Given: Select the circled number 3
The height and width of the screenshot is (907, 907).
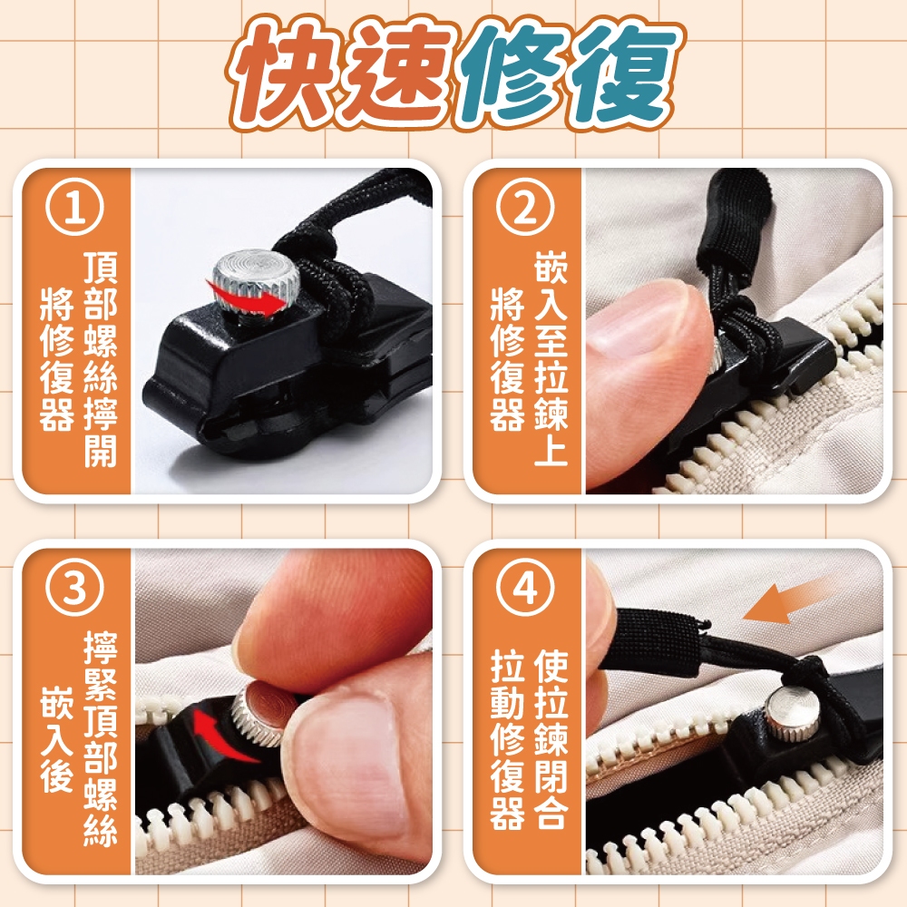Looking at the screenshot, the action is (75, 589).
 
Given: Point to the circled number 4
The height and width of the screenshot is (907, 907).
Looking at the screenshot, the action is (525, 589).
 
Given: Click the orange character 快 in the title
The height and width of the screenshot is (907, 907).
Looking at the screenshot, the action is (285, 75).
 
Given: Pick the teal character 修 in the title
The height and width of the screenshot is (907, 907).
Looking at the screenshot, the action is (512, 75).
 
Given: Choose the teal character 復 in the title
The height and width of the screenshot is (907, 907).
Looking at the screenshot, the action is (624, 75).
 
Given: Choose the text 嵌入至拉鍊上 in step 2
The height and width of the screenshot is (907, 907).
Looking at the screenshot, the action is (551, 358).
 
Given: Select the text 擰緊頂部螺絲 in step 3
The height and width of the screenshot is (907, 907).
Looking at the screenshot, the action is (101, 738).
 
